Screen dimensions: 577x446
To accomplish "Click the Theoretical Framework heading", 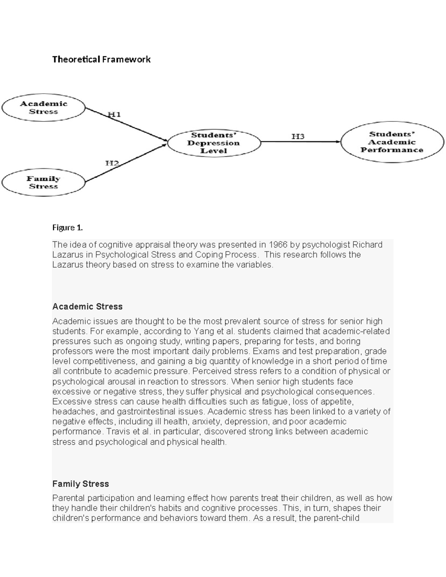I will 101,59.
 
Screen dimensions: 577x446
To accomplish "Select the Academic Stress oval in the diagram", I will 43,108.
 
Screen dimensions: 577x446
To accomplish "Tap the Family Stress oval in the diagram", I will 43,182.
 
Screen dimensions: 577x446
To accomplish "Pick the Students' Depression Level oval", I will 214,143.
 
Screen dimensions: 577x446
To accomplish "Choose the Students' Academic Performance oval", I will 392,142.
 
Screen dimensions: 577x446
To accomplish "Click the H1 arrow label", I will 114,114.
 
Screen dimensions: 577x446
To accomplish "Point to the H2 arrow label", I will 112,163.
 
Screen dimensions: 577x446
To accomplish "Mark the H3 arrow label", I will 298,136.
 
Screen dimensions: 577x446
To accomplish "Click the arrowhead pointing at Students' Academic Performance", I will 337,142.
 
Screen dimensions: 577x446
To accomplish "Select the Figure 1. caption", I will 67,228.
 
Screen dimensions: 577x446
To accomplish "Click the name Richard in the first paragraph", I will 367,244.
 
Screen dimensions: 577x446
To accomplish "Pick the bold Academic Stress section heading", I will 87,307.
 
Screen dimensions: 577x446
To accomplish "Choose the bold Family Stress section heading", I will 81,484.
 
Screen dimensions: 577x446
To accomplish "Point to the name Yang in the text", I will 203,331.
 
